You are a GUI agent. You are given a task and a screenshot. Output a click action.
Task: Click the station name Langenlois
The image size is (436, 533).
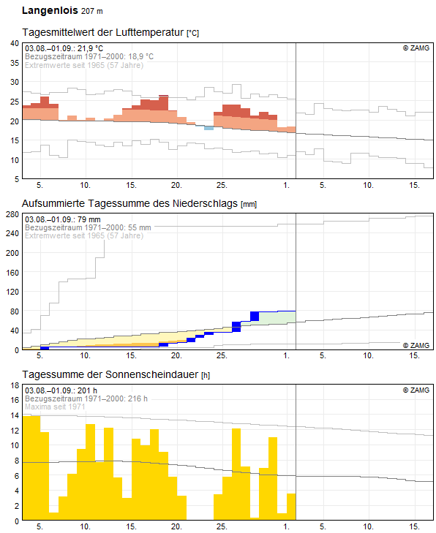tap(50, 10)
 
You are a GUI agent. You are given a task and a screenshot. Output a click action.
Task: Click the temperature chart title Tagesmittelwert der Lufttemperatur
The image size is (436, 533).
tap(103, 32)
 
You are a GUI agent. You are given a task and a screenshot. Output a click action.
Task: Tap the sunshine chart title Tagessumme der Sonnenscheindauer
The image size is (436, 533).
tap(110, 374)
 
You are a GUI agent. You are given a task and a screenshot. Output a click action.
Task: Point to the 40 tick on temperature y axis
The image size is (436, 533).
tap(15, 43)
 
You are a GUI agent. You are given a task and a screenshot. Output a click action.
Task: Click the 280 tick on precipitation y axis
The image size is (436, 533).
tap(12, 214)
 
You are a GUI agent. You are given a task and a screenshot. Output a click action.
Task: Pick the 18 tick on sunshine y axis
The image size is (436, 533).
tap(15, 385)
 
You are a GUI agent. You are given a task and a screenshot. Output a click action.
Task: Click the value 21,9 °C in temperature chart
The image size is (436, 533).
tap(90, 48)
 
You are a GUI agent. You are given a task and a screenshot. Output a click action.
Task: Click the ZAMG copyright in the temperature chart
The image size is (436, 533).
tap(416, 48)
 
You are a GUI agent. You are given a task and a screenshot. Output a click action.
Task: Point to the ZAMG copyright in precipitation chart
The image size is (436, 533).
tap(416, 345)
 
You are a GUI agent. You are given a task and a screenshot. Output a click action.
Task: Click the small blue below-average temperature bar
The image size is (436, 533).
tap(208, 128)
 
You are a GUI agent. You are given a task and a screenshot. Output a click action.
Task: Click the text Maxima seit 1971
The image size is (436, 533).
tap(55, 407)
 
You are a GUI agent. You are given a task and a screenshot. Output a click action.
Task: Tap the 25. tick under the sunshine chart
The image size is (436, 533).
tap(222, 527)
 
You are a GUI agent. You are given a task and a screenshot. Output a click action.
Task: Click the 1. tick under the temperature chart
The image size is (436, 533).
tap(286, 185)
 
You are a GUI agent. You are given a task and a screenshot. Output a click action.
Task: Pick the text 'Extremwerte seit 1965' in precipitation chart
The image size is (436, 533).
tap(64, 235)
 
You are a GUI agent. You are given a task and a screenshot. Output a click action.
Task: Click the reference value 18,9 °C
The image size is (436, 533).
tap(140, 56)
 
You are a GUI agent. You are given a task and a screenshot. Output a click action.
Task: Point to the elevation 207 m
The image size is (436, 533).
tap(92, 11)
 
